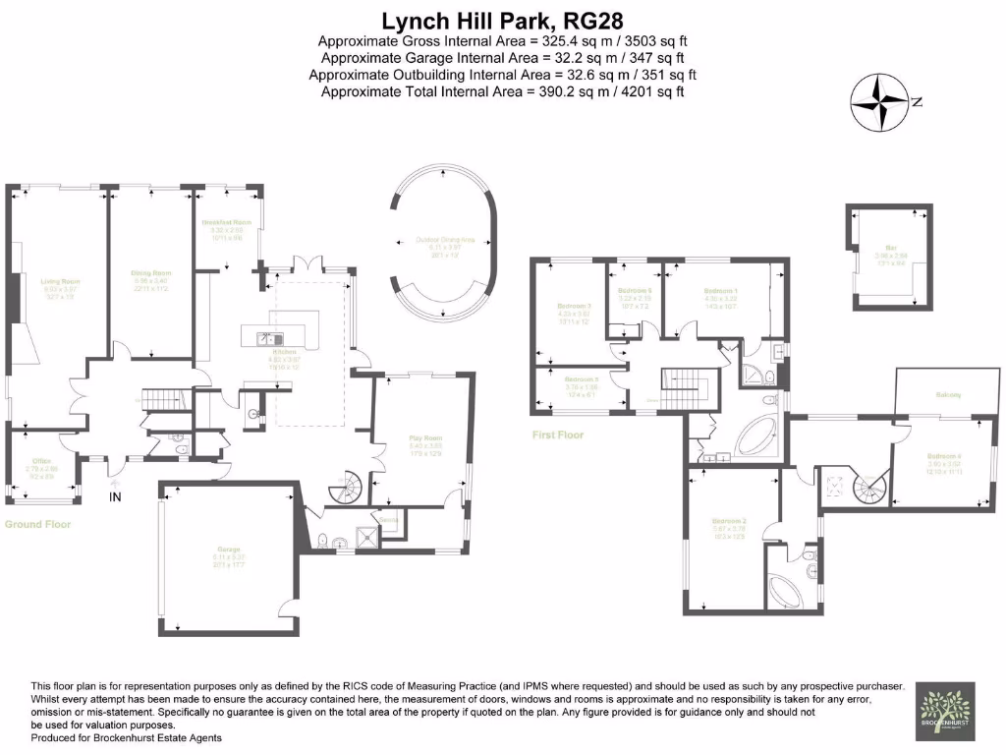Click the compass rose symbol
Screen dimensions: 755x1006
(878, 102)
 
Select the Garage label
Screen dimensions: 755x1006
(229, 550)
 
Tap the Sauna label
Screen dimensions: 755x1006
(388, 519)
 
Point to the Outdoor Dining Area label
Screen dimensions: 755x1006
(445, 239)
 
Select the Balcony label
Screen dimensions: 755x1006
(948, 395)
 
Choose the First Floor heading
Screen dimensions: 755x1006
(557, 435)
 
